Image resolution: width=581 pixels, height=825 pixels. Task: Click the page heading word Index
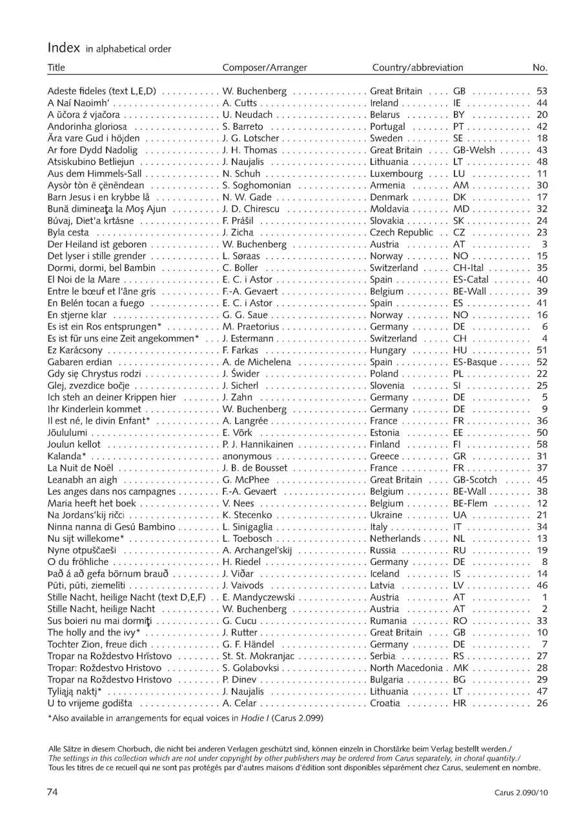tap(63, 48)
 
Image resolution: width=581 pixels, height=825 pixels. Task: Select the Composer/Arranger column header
tap(265, 68)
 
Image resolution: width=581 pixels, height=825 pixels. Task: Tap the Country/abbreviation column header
tap(418, 68)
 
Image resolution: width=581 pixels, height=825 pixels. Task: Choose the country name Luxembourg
tap(396, 174)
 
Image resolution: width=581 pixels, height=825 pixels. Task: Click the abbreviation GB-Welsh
tap(474, 150)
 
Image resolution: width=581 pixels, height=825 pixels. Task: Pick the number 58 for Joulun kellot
tap(542, 444)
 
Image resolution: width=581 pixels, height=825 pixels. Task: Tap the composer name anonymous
tap(248, 457)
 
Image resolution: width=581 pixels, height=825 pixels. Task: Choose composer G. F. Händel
tap(249, 644)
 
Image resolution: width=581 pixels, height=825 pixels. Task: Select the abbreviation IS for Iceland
tap(458, 574)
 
